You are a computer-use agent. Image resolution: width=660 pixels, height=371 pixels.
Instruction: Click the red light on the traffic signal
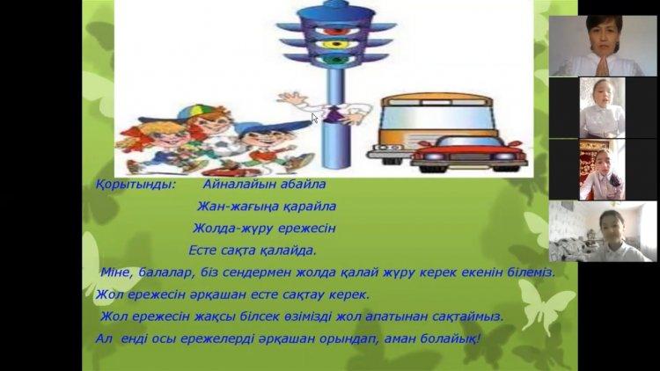[x=336, y=30]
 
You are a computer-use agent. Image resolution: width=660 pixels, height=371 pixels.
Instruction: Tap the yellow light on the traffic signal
[x=336, y=44]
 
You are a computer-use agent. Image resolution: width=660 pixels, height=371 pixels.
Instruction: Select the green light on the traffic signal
[x=335, y=60]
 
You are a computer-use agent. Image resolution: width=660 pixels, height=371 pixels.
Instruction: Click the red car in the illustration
[x=468, y=154]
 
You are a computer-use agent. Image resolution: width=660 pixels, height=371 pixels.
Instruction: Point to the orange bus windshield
[x=437, y=117]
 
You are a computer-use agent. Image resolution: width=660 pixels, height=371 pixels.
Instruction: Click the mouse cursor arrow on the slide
[x=314, y=118]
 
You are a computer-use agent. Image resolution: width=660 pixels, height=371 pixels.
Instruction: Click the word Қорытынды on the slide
[x=135, y=185]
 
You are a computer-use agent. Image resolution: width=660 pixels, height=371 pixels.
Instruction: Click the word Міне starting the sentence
[x=115, y=273]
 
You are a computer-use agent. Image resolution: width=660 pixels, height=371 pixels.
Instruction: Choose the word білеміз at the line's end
[x=532, y=273]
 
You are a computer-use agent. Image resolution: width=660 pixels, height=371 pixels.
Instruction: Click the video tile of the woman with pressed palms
[x=603, y=46]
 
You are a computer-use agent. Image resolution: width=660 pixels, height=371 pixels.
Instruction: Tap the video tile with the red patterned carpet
[x=602, y=170]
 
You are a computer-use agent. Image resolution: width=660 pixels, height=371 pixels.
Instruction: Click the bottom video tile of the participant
[x=603, y=231]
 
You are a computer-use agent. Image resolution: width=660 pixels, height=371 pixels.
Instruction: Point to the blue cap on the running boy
[x=274, y=127]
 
